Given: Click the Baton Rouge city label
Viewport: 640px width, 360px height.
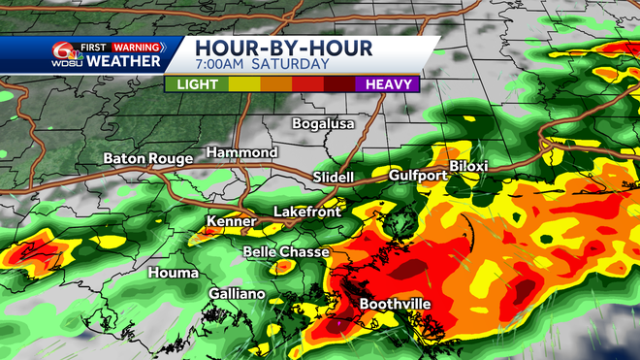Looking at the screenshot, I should tap(147, 158).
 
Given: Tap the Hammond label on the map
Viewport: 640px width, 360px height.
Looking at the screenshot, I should tap(241, 153).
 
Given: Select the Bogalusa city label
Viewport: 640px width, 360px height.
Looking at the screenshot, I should tap(324, 123).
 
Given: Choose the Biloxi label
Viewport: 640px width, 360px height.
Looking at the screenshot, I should tap(468, 167).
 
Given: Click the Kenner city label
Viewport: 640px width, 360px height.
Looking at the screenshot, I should tap(232, 221).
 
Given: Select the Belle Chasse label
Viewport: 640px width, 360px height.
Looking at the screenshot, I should tap(286, 251).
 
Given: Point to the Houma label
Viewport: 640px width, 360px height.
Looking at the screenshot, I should tap(174, 273).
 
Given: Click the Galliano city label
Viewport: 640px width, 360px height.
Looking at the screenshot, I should tap(236, 293).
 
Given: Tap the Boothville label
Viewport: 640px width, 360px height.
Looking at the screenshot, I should tap(395, 304).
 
